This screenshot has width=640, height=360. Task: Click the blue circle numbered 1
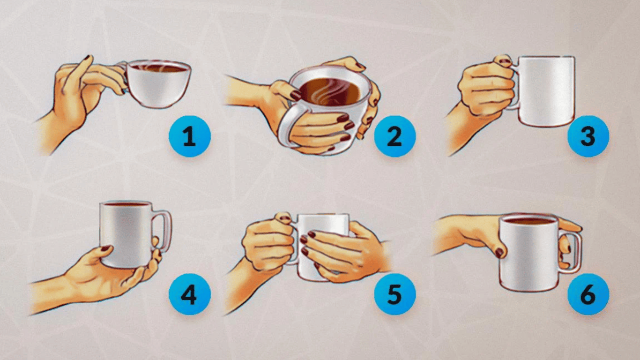(x=189, y=136)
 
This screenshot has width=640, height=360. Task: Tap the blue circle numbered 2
(x=394, y=136)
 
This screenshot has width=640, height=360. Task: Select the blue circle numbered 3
(x=588, y=136)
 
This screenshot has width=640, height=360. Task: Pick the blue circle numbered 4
(x=189, y=294)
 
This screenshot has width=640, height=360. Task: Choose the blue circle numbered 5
(x=394, y=294)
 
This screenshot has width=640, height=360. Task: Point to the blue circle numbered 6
(x=588, y=294)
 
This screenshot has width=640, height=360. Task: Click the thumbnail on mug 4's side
(x=105, y=248)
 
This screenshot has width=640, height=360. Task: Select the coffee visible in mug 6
(x=529, y=221)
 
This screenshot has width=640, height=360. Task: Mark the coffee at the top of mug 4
(x=126, y=204)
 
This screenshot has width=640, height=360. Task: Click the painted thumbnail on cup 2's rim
(x=296, y=95)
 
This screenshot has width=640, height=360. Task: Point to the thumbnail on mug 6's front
(x=499, y=253)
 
